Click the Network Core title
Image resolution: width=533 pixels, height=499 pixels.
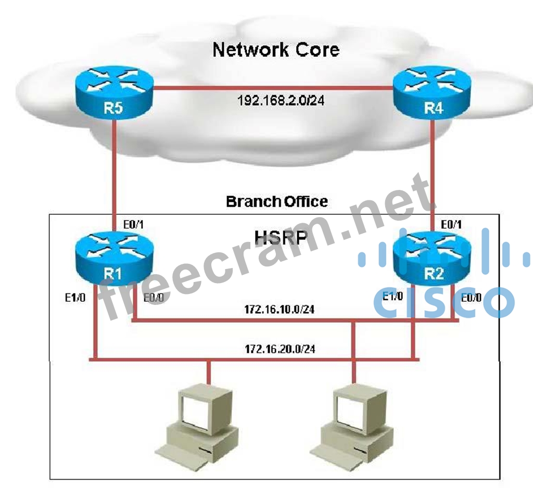coord(276,50)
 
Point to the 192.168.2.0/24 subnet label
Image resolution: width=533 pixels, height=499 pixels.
coord(281,101)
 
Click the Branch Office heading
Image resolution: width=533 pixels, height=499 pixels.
coord(277,201)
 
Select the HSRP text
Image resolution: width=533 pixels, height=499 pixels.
coord(281,237)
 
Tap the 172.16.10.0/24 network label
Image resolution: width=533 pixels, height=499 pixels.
coord(280,310)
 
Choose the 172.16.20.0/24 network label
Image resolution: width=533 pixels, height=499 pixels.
coord(280,349)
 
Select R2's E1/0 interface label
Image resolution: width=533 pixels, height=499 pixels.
coord(393,297)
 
